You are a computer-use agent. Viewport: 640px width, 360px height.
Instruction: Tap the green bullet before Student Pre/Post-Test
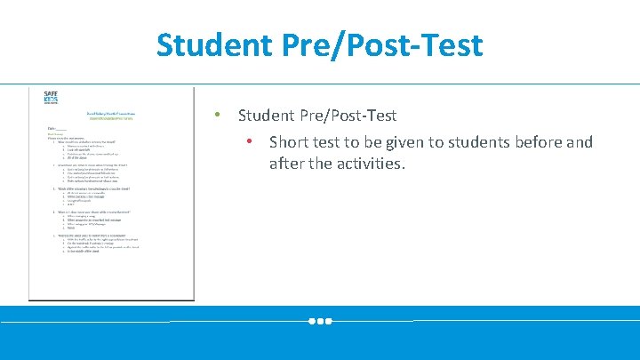tap(215, 116)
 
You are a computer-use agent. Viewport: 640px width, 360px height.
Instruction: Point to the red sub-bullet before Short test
tap(252, 141)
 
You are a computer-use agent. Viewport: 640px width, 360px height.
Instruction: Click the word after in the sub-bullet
tap(286, 164)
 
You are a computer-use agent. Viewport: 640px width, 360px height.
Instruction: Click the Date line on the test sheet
tap(58, 129)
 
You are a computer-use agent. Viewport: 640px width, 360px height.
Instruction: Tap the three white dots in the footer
tap(320, 321)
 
